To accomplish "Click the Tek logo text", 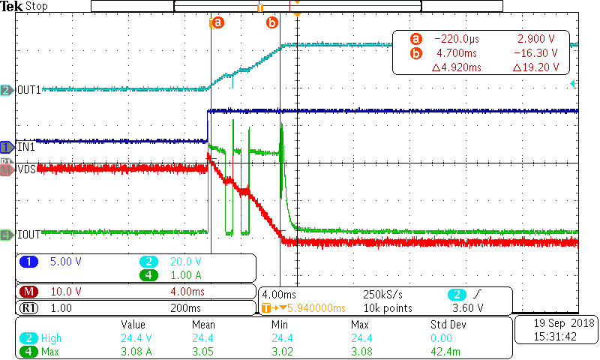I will click(13, 6).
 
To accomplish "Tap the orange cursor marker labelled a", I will click(217, 22).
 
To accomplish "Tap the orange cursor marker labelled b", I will click(272, 22).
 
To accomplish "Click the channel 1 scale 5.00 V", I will click(64, 262).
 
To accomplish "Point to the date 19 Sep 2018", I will click(556, 322).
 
